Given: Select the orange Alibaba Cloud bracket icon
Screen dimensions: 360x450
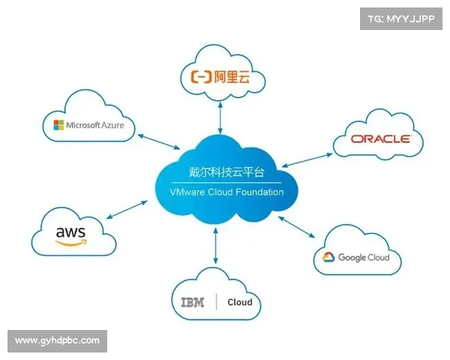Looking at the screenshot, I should (200, 76).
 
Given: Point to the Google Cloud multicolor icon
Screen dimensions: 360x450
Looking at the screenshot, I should (328, 257).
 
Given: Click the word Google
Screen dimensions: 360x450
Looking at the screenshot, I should (352, 257).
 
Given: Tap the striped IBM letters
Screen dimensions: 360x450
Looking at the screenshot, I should (193, 302).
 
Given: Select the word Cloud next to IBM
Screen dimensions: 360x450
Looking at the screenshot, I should (240, 303).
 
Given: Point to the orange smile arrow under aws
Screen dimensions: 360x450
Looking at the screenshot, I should (71, 244).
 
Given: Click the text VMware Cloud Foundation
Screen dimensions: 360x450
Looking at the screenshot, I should (225, 192).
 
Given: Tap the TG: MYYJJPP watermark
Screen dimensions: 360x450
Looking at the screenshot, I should (400, 18).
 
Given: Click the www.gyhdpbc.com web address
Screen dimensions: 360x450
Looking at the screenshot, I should (57, 340).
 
